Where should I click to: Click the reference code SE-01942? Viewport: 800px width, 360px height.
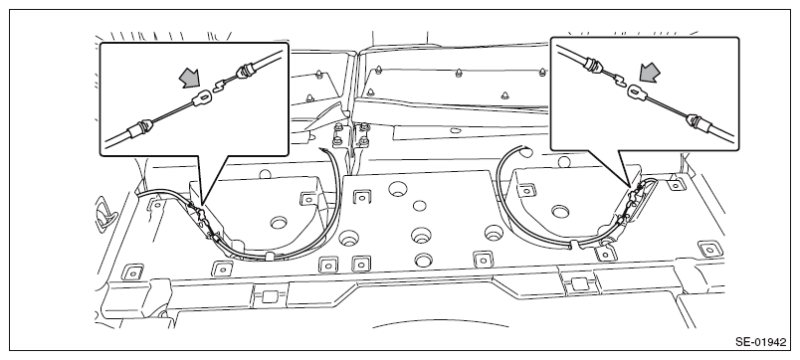761,342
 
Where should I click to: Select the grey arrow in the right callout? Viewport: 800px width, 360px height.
650,73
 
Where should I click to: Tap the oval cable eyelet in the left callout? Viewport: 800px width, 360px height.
203,97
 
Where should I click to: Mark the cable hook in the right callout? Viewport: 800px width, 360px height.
619,79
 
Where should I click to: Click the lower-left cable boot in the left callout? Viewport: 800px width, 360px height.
139,128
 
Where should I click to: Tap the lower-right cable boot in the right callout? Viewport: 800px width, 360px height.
697,121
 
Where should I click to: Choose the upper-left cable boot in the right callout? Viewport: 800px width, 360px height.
594,65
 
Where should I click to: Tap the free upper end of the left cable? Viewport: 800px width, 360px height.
320,149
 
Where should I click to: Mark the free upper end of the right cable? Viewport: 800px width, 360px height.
520,147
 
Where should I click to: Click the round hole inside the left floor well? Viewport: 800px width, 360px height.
279,223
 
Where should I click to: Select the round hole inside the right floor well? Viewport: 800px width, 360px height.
560,211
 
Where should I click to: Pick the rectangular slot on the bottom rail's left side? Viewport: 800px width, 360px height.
269,295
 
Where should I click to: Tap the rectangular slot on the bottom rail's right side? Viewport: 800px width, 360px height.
579,283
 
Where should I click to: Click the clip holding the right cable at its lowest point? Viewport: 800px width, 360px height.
574,246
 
